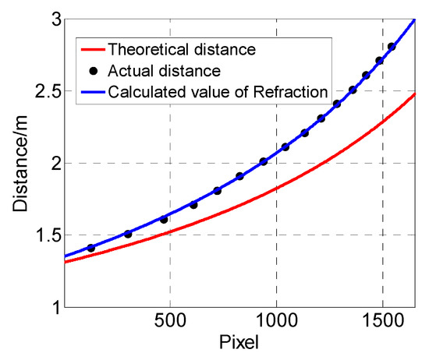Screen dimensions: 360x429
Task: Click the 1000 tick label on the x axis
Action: pos(276,322)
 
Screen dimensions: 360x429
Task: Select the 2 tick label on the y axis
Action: pos(54,163)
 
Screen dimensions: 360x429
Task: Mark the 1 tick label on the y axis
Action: pos(54,306)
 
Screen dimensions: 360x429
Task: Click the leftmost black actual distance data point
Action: pos(90,248)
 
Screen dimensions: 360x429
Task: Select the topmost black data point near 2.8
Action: pos(392,47)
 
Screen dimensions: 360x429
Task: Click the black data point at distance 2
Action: pos(264,161)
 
